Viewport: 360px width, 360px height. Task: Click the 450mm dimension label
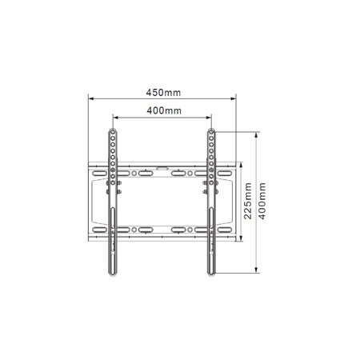click(162, 92)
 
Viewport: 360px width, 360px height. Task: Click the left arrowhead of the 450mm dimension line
click(90, 99)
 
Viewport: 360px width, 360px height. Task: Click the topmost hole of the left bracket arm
click(113, 133)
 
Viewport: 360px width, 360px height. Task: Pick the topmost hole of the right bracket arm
click(211, 133)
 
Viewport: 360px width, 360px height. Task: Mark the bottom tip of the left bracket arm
click(113, 274)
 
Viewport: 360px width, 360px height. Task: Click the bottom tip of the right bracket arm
click(211, 274)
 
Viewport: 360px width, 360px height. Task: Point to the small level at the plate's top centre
click(162, 168)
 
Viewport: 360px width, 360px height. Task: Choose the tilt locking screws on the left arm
click(113, 189)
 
